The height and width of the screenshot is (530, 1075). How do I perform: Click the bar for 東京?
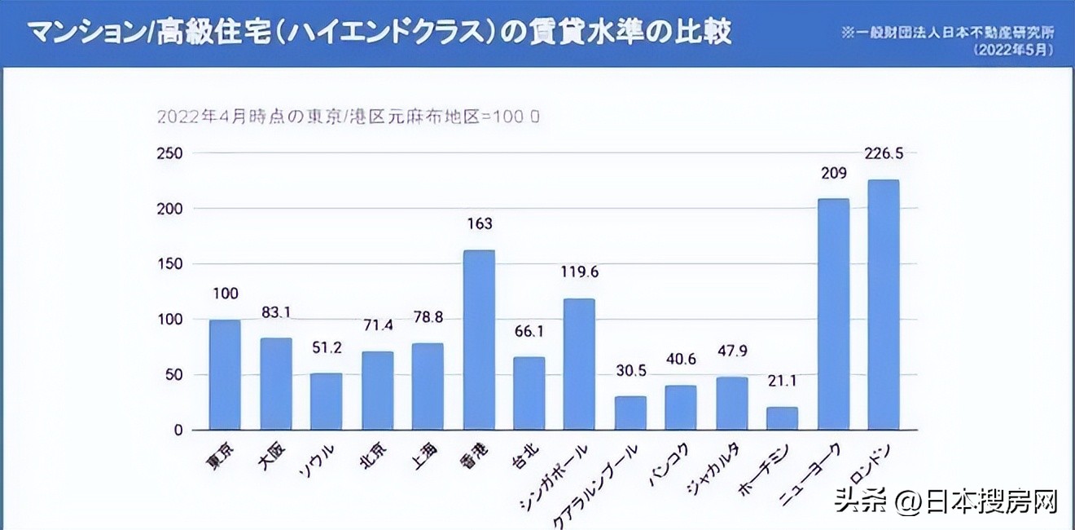tap(225, 374)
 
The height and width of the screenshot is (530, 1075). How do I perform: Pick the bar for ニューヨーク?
tap(833, 314)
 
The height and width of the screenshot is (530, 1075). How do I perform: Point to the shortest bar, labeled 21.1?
tap(783, 417)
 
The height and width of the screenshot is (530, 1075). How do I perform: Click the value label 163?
tap(479, 223)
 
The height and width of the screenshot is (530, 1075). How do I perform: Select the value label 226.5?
tap(884, 153)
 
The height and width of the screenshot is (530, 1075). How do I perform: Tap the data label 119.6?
tap(579, 272)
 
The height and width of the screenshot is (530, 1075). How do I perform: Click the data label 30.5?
tap(630, 370)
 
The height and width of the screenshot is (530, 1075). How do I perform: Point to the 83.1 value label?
tap(276, 311)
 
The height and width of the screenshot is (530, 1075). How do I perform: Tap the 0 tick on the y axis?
tap(178, 430)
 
